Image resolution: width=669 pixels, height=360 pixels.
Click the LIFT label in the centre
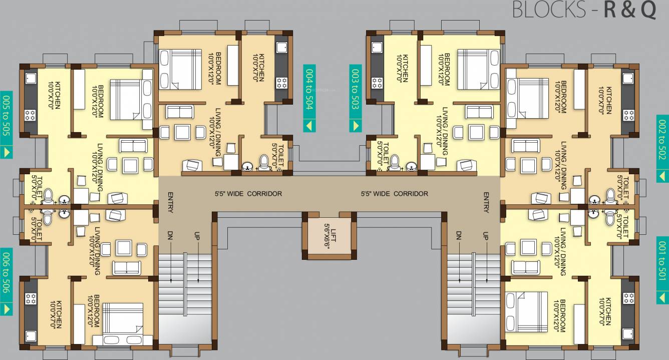(330, 232)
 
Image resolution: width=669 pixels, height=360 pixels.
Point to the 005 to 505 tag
(7, 118)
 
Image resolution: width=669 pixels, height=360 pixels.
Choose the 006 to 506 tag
(7, 275)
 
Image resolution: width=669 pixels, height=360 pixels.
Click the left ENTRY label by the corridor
(171, 203)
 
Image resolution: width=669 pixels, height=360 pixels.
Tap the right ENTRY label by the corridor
(486, 203)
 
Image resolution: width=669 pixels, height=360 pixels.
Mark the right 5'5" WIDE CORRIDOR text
(395, 194)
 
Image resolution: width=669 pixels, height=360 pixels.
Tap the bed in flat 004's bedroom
(180, 69)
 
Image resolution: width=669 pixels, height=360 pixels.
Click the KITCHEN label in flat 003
(405, 68)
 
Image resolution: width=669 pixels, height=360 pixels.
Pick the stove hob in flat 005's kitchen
(30, 116)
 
